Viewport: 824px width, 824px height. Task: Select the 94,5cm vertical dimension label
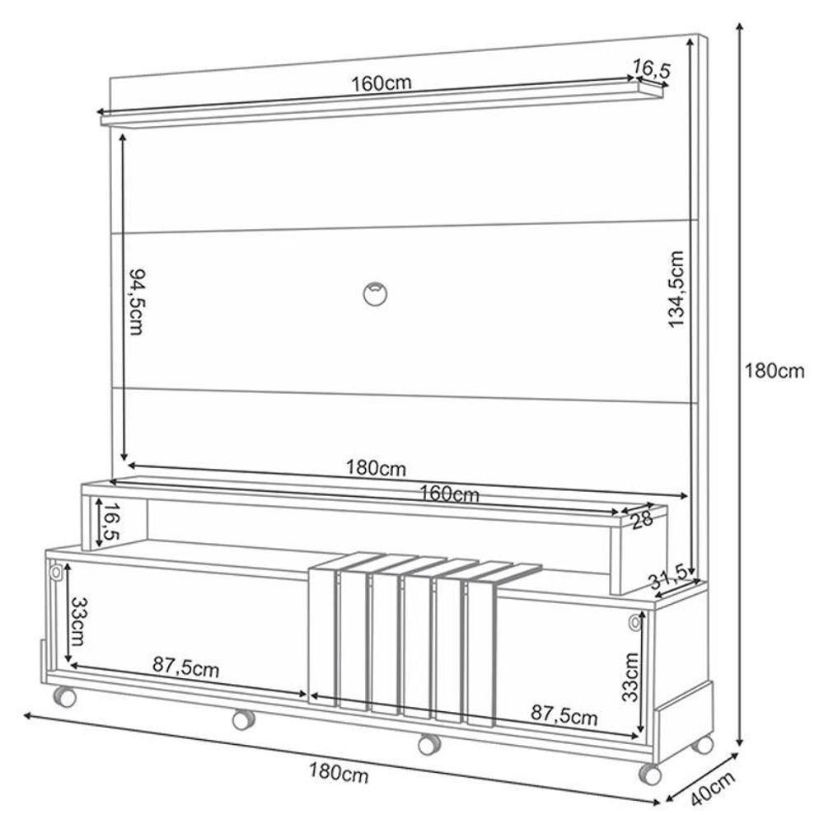pos(136,301)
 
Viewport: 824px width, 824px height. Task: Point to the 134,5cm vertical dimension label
pos(677,288)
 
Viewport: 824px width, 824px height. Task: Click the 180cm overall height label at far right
pos(774,371)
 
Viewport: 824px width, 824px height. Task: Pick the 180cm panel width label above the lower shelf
pos(375,469)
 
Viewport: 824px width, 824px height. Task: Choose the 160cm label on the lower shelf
pos(449,494)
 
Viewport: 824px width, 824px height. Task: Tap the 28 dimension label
pos(643,520)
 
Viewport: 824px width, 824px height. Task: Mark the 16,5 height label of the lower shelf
pos(108,522)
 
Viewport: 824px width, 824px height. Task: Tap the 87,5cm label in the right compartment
pos(564,715)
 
